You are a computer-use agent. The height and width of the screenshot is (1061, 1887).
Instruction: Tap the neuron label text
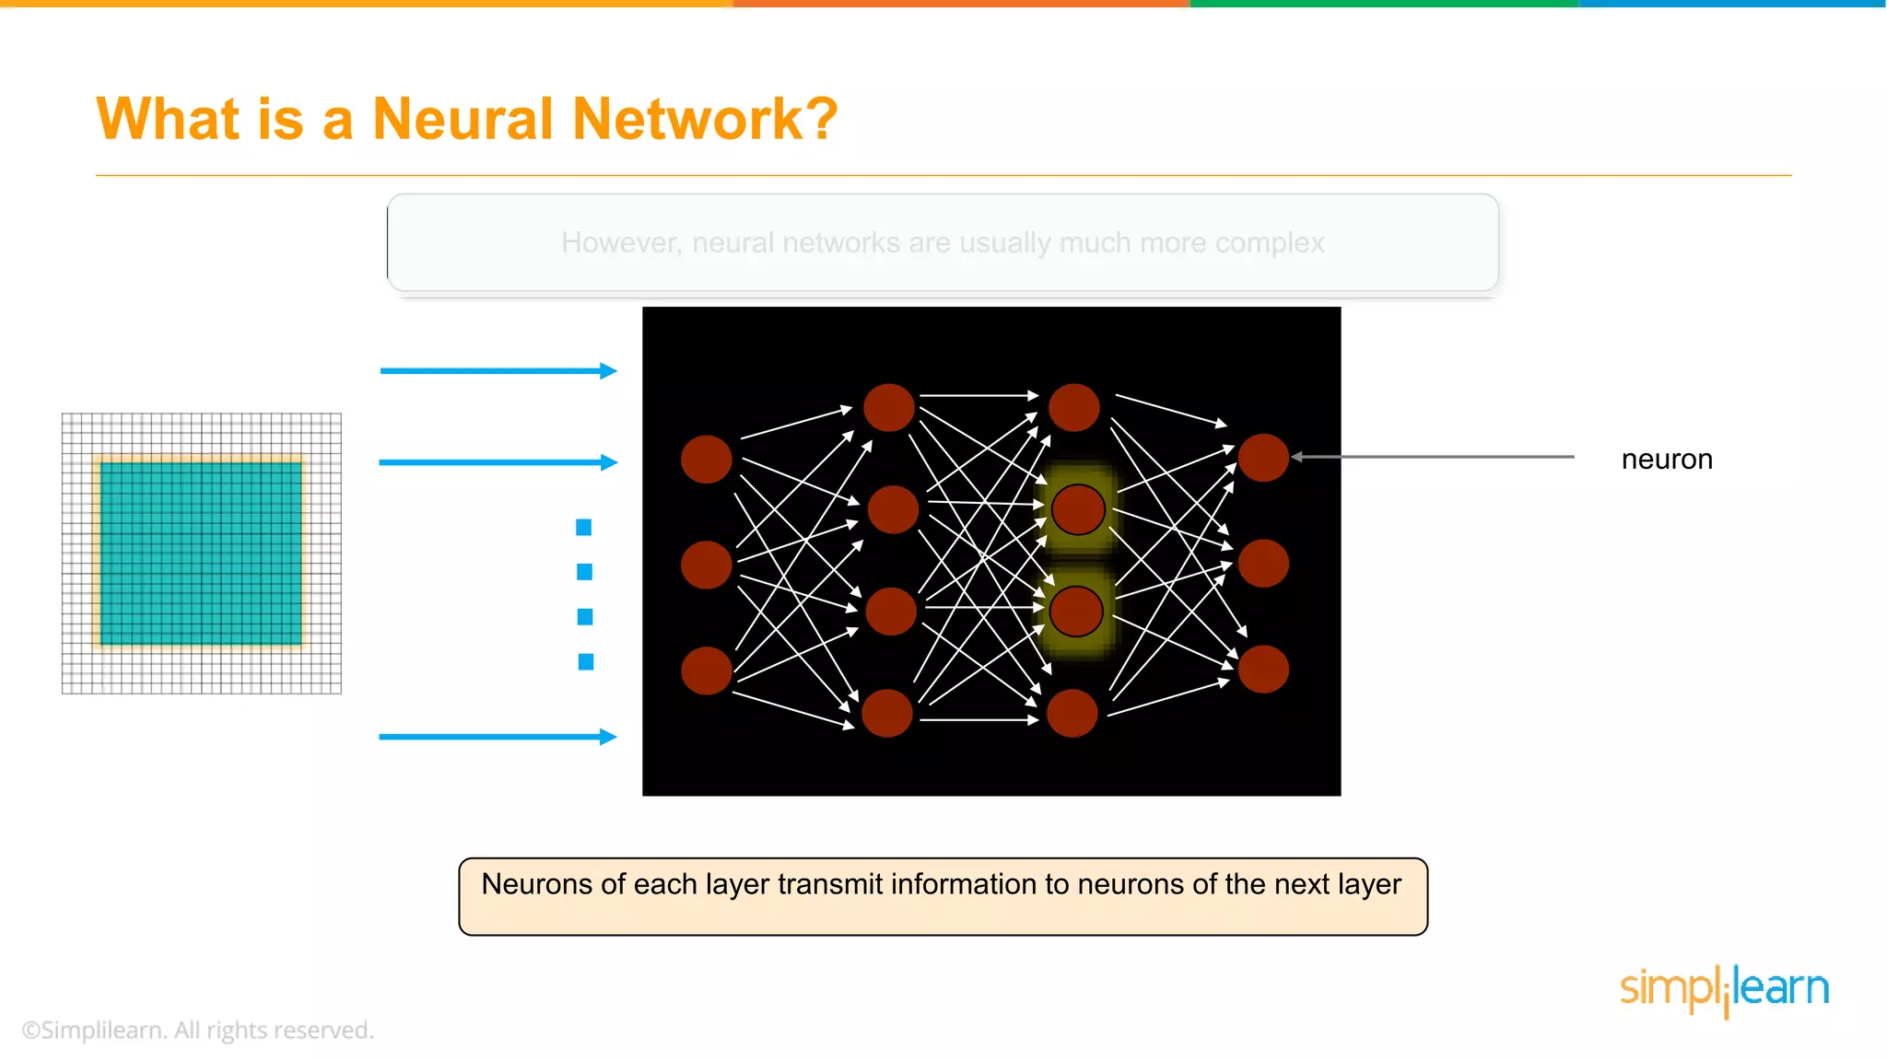[1666, 459]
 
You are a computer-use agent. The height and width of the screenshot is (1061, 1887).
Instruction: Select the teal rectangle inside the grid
[201, 553]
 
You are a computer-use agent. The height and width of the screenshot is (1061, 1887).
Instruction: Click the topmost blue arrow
[498, 371]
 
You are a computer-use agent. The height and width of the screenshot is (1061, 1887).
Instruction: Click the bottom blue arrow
[498, 737]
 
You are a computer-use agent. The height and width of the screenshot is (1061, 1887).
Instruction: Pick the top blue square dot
[583, 528]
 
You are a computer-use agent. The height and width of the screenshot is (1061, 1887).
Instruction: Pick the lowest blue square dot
[586, 662]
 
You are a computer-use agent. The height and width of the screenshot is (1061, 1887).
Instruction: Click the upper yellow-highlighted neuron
[1078, 509]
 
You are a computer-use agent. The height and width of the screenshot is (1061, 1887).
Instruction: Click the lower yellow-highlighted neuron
[1076, 612]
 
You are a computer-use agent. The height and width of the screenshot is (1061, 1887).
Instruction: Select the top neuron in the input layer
[707, 460]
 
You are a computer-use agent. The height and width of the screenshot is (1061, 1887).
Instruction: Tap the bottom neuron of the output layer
[1263, 670]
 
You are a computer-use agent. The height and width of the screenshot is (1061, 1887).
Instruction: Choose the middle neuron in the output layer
[1263, 564]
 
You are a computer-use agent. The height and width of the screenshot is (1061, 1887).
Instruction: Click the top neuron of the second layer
[889, 408]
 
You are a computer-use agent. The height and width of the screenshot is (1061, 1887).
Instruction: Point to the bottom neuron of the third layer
[1072, 714]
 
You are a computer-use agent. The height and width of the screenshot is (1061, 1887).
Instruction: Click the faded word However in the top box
[621, 243]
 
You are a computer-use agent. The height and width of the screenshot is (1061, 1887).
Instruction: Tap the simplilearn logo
[1724, 990]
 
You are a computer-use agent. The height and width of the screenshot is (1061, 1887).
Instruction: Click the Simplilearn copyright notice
[197, 1031]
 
